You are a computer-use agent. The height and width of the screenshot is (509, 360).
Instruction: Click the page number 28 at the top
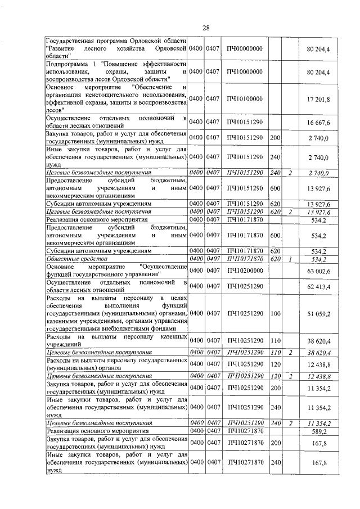[x=206, y=28]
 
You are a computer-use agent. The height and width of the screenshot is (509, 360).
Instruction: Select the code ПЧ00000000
[x=245, y=49]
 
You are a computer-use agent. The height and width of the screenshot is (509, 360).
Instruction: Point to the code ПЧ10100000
[x=245, y=99]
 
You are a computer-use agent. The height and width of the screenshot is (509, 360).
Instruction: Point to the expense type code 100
[x=275, y=313]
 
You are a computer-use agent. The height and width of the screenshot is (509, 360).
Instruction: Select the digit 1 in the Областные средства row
[x=290, y=259]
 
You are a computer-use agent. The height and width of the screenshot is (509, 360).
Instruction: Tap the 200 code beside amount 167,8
[x=275, y=443]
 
